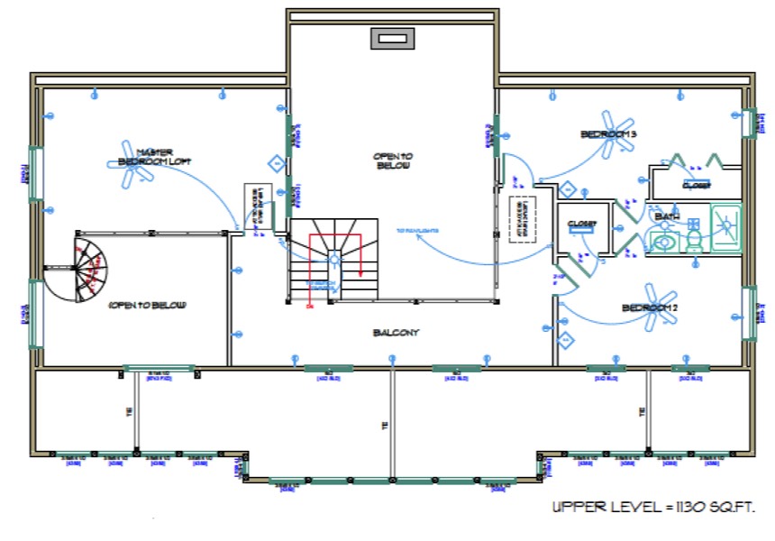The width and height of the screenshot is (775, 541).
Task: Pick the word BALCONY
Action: [x=397, y=333]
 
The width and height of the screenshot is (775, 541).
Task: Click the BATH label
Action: [x=666, y=217]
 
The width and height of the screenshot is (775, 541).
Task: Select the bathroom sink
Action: [x=665, y=241]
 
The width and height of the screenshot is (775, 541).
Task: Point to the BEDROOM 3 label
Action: [x=608, y=134]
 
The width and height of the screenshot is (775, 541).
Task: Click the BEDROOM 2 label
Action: [x=649, y=309]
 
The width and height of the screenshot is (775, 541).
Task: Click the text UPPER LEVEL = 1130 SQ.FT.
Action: [x=653, y=508]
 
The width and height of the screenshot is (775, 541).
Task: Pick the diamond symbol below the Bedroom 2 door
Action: [x=566, y=340]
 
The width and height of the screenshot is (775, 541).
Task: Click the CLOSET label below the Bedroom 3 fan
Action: [x=583, y=224]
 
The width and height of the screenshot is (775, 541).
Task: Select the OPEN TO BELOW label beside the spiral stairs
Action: [x=147, y=306]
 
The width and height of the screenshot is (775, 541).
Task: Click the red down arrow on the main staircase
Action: [x=360, y=270]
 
